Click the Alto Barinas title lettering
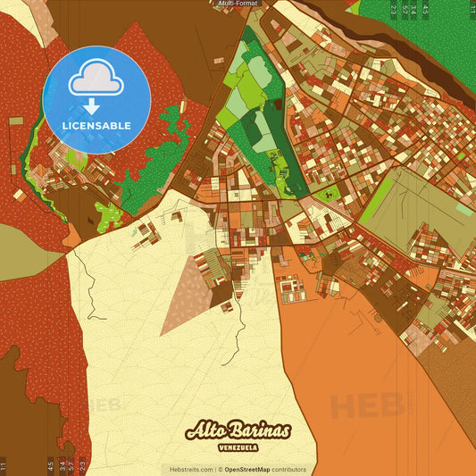(x=238, y=430)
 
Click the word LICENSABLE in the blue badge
(x=96, y=125)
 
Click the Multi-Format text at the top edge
(x=238, y=4)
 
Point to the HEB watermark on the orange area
(x=361, y=406)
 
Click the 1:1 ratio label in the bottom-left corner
(x=4, y=465)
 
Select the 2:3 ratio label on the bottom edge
(x=83, y=465)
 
